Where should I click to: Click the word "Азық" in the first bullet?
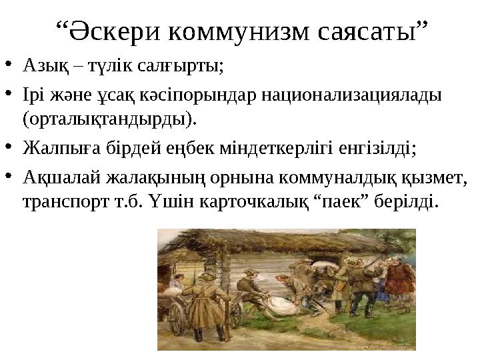(41, 65)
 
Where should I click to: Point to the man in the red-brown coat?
(399, 280)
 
